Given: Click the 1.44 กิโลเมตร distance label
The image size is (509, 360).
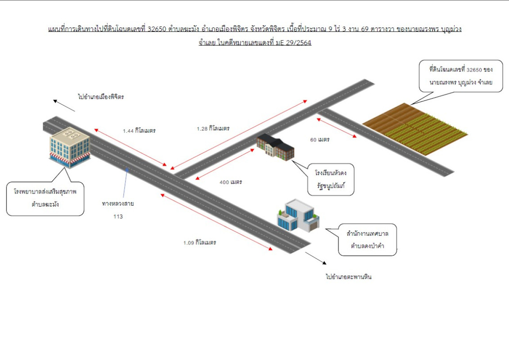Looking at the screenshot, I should tap(139, 130).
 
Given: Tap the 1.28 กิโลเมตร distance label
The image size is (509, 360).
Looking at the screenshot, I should tap(213, 128).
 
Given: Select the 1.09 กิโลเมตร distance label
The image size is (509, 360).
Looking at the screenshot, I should tap(199, 243).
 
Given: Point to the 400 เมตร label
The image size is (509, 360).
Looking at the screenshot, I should tap(231, 182).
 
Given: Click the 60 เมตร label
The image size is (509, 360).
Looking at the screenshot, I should tap(320, 139).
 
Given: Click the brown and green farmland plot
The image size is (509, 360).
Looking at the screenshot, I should tap(411, 128).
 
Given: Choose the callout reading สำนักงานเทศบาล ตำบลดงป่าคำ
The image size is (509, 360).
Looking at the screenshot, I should tap(368, 239).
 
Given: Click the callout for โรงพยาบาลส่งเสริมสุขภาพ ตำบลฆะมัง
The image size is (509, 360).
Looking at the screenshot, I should tap(45, 198).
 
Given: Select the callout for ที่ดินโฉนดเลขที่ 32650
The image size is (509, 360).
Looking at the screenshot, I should tap(460, 76).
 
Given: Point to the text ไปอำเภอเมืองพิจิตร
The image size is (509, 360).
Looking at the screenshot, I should tap(100, 97).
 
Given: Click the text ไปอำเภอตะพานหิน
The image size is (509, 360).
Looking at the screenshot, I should tap(349, 277).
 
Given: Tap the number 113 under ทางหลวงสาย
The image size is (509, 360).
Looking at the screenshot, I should tap(118, 216).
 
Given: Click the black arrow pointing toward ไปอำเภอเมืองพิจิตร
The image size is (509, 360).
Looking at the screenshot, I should tap(64, 105).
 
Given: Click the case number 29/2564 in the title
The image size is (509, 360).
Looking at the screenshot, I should tap(298, 43).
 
